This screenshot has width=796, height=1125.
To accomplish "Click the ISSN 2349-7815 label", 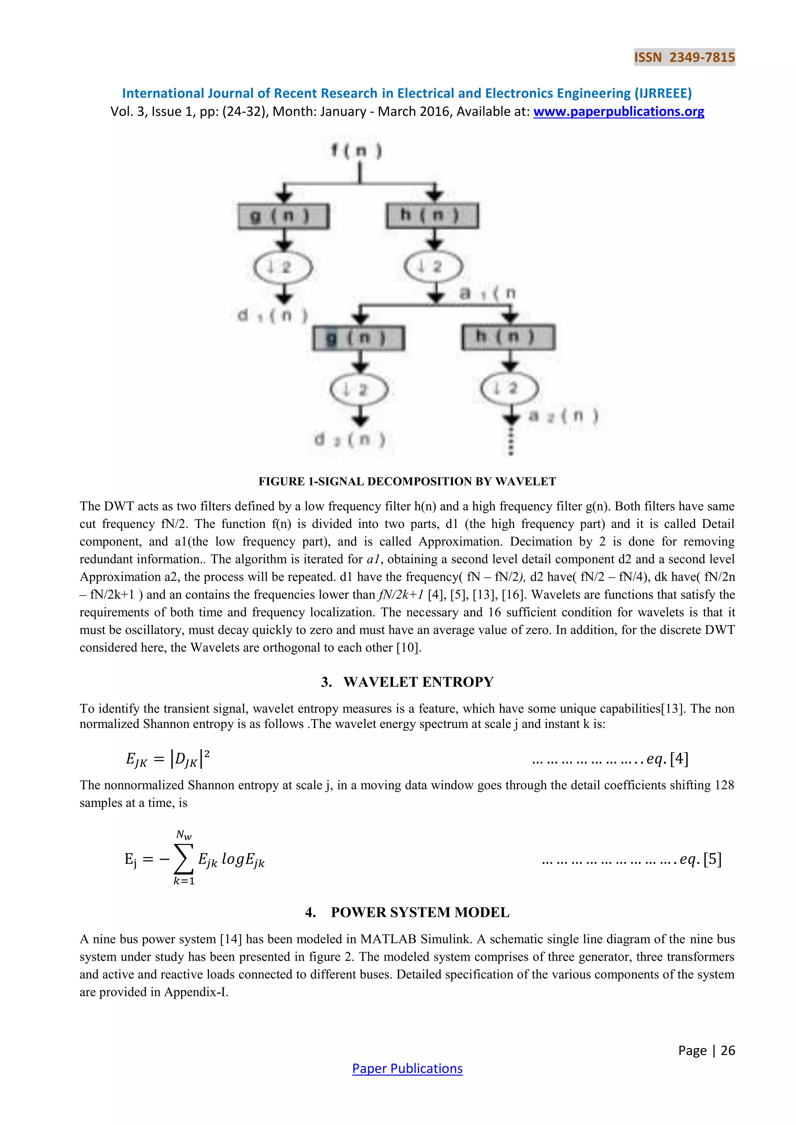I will point(684,57).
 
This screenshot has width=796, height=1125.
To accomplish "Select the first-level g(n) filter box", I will point(283,216).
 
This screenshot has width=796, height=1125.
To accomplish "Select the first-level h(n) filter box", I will point(432,216).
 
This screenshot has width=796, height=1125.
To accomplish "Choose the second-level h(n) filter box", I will point(508,337).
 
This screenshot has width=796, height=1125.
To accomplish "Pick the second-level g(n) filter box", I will point(359,338).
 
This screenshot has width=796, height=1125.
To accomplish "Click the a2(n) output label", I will point(564,416).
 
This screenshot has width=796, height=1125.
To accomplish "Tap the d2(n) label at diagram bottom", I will point(350,439).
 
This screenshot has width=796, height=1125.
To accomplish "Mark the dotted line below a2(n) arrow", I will point(511,441).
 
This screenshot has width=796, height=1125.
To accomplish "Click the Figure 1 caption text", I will point(407,481).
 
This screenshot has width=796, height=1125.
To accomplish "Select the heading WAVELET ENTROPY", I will point(418,682).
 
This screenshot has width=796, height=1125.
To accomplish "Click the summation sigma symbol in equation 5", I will point(184,859).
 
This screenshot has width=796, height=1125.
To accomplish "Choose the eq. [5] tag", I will point(700,859).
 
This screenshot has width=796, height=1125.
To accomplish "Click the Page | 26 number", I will point(706,1050).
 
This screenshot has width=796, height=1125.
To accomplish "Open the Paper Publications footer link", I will point(407,1068).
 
